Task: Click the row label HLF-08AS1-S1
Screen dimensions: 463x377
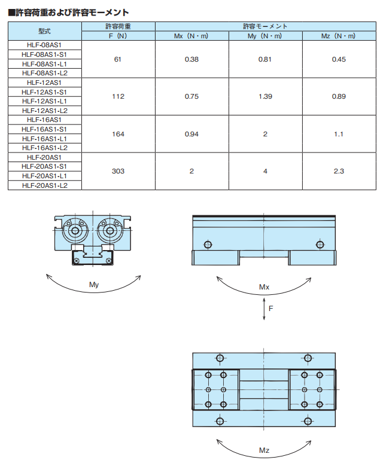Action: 44,54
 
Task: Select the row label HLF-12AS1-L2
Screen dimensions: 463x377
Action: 44,110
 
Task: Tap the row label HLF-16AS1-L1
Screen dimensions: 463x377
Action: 44,139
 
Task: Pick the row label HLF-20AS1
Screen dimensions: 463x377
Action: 44,157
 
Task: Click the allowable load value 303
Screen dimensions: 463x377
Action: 118,171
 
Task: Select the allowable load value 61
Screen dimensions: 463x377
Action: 118,59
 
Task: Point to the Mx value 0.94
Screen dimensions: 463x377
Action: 191,134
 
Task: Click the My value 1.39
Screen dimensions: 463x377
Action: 265,96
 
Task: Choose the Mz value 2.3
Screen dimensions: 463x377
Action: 339,171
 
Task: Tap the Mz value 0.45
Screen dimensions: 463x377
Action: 339,59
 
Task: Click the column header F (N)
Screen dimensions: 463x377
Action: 118,36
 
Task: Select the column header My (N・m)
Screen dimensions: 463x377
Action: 265,36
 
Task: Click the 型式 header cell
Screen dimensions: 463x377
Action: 44,31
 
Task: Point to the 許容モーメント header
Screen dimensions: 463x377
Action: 265,26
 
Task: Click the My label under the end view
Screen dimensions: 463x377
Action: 94,285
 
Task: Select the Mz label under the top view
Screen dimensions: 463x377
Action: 264,450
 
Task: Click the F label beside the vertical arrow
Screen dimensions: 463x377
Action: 270,309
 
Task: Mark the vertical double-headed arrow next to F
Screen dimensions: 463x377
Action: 264,309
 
